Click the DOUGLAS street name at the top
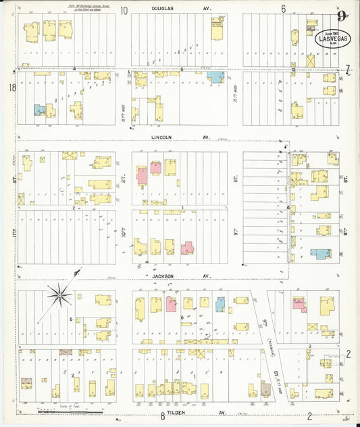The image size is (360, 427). coord(172,9)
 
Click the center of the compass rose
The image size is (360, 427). coord(60,295)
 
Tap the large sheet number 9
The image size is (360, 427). coord(343,15)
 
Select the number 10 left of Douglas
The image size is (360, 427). coord(124,10)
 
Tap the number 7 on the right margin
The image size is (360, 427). coord(348,69)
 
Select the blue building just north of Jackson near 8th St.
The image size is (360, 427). coord(320,254)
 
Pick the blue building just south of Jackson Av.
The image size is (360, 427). coord(220,303)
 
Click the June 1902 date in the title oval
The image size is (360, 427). coord(330,32)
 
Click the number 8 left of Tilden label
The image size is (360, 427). coord(162,417)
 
